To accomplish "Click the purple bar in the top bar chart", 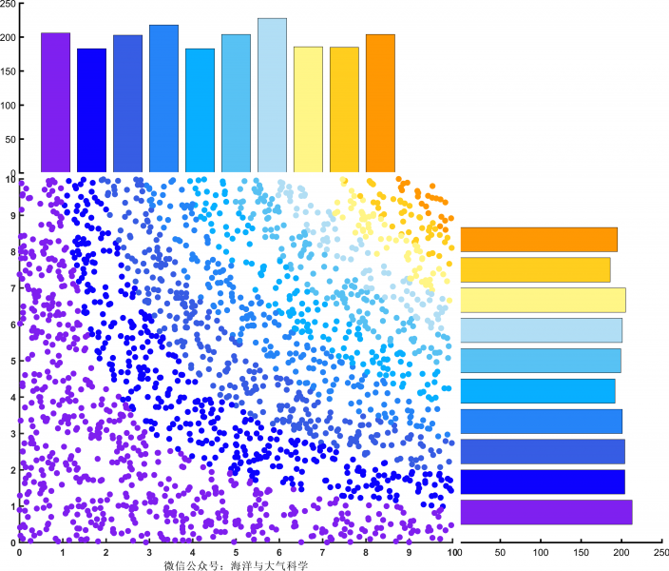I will [x=55, y=103].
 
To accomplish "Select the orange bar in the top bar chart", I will [x=380, y=104].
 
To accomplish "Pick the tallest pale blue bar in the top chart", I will [x=272, y=95].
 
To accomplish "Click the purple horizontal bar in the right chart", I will [x=546, y=512].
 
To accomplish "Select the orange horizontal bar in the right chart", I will [x=539, y=239].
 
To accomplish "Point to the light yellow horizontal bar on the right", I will [x=543, y=300].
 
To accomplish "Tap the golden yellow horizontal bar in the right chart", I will [x=535, y=269].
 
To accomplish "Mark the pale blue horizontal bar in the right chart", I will [x=541, y=330].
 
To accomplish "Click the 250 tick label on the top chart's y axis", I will [x=8, y=5].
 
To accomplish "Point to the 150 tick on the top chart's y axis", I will [x=8, y=71].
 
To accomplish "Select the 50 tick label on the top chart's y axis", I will [x=10, y=140].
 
